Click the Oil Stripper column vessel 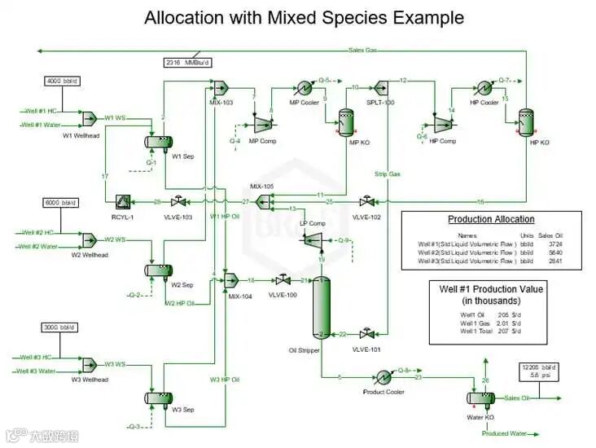point(322,309)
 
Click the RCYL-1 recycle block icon point(123,201)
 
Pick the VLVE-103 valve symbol point(176,201)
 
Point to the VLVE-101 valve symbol point(366,334)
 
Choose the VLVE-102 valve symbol point(366,201)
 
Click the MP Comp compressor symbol point(262,122)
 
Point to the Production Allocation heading point(491,219)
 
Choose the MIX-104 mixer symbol point(230,279)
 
